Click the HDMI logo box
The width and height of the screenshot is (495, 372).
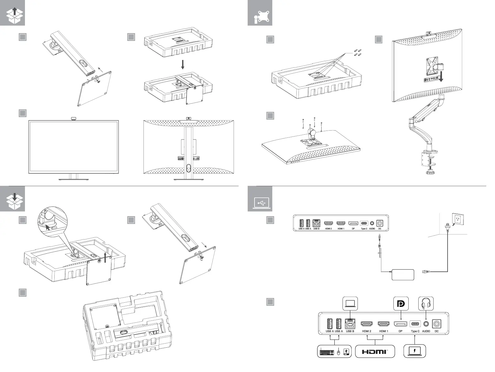[375, 351]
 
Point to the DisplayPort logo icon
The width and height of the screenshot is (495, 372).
[400, 303]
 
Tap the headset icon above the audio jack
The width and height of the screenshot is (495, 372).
[426, 303]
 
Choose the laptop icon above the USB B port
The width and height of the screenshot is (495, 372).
[350, 303]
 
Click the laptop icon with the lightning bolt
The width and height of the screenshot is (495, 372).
[415, 351]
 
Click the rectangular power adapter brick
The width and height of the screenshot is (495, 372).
[402, 275]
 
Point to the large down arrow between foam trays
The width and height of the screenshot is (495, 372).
[183, 64]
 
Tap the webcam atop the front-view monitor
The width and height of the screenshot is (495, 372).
[74, 118]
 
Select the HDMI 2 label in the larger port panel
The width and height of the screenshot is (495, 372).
[366, 331]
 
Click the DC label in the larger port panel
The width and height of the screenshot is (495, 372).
[437, 331]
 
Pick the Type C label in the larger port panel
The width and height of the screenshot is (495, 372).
[415, 331]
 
